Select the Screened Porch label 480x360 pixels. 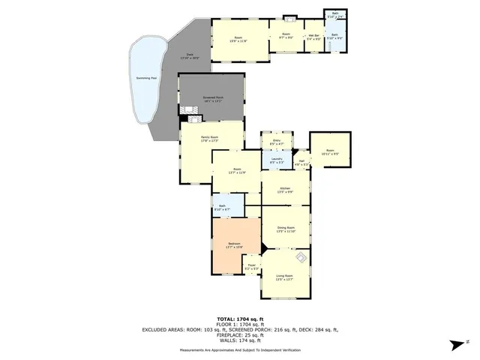pos(212,99)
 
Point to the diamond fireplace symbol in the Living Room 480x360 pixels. pos(300,259)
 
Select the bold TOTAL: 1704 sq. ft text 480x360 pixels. pos(240,319)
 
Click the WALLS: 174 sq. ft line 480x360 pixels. pos(240,340)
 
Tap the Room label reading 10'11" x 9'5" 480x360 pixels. pos(331,152)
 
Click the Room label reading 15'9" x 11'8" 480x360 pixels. pos(238,39)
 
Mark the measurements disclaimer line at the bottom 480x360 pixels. pos(240,350)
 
